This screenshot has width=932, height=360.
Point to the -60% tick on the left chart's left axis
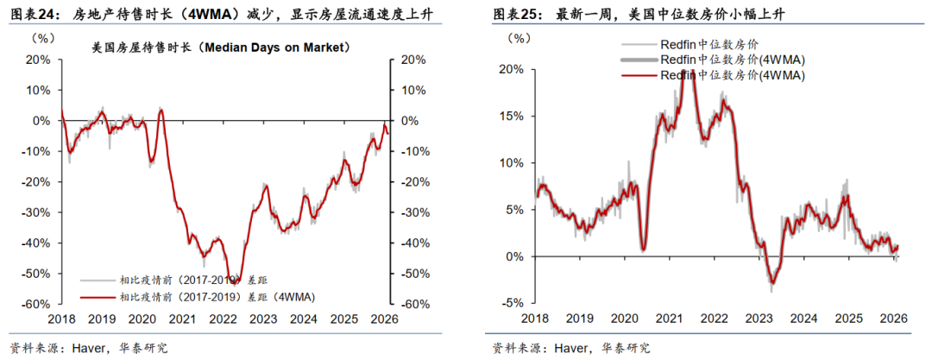[x=35, y=304]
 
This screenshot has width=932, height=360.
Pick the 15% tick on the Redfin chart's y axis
[x=511, y=116]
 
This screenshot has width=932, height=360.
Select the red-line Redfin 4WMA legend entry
[x=732, y=75]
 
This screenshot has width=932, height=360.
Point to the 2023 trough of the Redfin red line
[x=771, y=282]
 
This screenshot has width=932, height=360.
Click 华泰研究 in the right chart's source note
[x=626, y=348]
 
